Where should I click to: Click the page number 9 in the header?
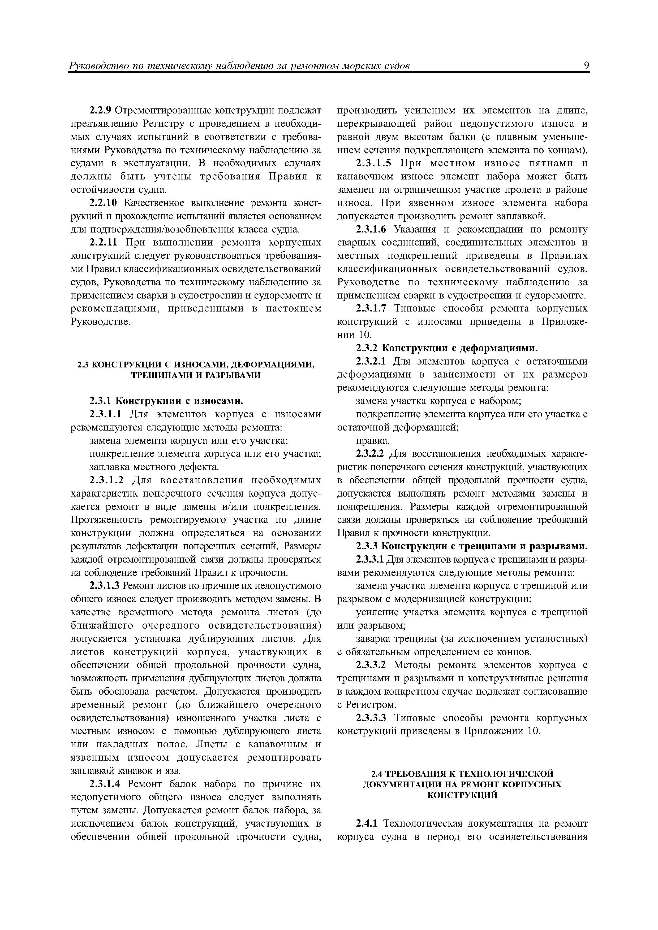coord(586,65)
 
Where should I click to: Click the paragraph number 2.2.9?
coord(100,111)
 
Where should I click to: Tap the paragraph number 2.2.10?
coord(103,203)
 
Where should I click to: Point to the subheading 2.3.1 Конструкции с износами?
coord(166,401)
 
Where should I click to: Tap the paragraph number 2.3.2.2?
coord(370,454)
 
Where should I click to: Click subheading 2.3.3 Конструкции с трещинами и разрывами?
coord(471,546)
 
